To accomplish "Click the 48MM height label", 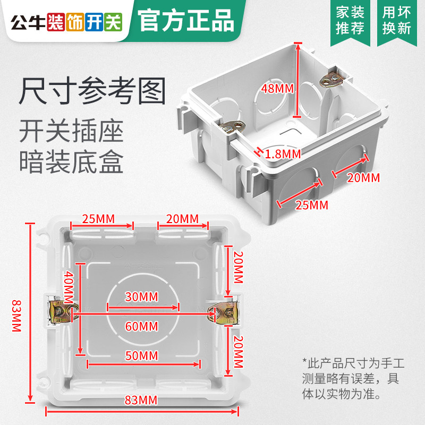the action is [x=277, y=89].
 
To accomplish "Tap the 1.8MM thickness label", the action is [x=283, y=154].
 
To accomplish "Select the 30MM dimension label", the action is [x=141, y=296].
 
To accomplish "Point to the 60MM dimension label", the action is [x=141, y=326].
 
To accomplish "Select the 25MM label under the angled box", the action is [x=311, y=205].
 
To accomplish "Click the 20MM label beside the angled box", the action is [x=363, y=178].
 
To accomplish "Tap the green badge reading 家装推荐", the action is [x=351, y=20].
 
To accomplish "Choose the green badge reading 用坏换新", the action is [x=397, y=20].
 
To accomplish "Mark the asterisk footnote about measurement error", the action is [x=353, y=379].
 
